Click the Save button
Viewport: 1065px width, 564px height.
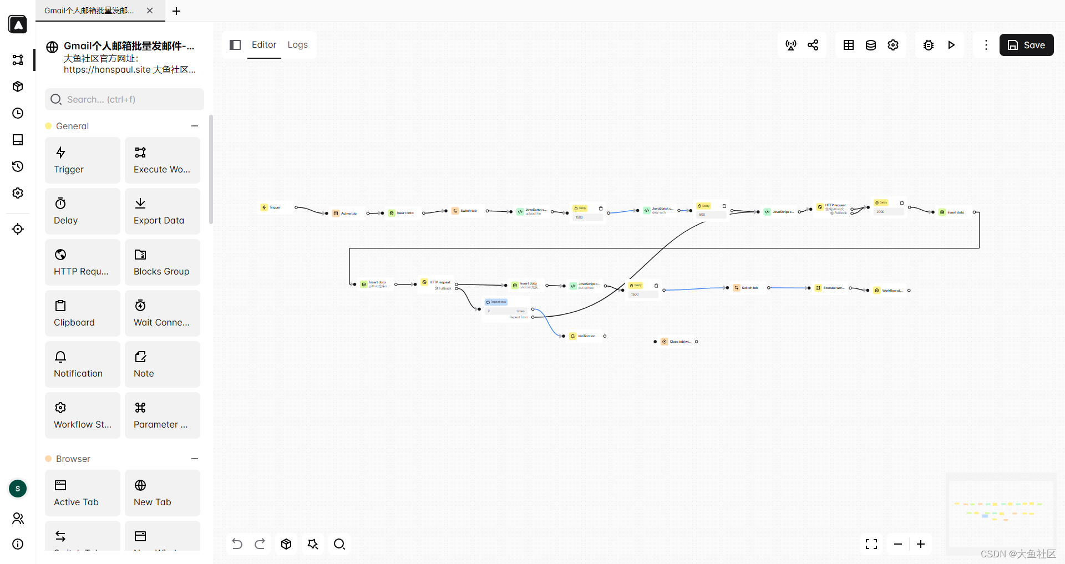click(x=1026, y=45)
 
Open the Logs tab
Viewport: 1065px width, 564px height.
click(x=297, y=45)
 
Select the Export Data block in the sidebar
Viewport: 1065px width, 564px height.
click(x=162, y=211)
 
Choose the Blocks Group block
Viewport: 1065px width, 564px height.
click(x=162, y=262)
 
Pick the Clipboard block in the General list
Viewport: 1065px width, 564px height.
click(x=82, y=313)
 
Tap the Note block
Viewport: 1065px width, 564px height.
click(x=162, y=364)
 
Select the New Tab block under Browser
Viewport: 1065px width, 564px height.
click(x=162, y=493)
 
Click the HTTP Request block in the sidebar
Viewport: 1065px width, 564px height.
click(x=82, y=262)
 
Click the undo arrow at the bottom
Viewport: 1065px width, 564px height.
click(x=237, y=544)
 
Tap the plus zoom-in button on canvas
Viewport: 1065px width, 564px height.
click(x=921, y=544)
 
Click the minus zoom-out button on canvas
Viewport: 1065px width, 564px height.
click(x=898, y=544)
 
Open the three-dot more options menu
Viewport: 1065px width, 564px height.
click(x=986, y=45)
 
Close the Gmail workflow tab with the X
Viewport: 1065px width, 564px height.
click(x=150, y=11)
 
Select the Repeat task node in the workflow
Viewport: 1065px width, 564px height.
click(x=497, y=302)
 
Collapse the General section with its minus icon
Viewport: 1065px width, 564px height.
click(x=195, y=126)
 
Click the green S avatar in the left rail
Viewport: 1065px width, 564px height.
click(x=18, y=489)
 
